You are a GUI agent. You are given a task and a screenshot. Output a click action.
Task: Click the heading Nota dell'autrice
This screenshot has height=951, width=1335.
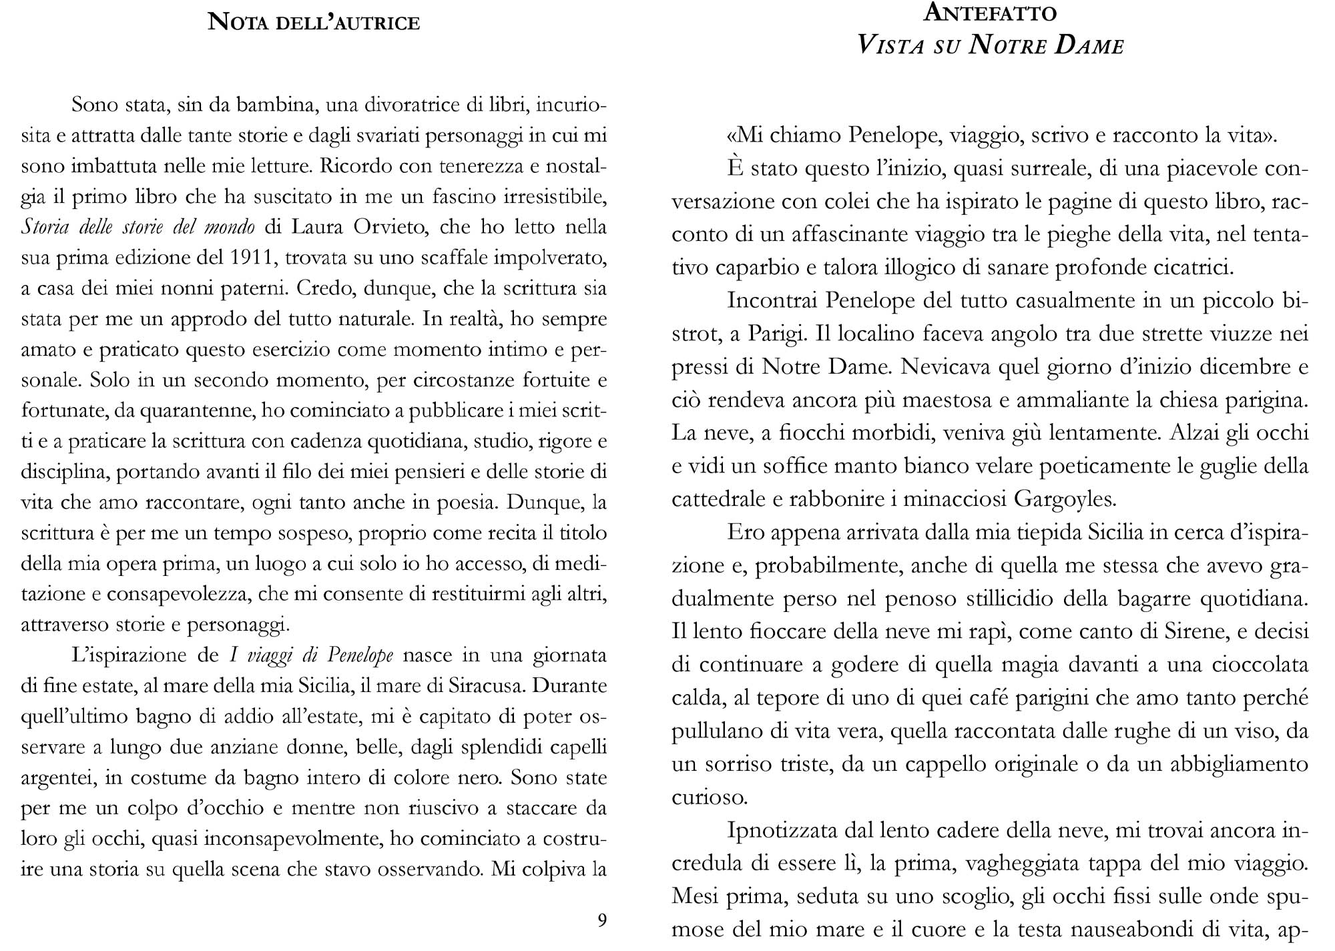tap(314, 23)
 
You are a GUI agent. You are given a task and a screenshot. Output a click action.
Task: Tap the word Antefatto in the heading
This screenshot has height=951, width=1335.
tap(990, 13)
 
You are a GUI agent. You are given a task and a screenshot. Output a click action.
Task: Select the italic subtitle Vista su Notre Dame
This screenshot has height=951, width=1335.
tap(990, 45)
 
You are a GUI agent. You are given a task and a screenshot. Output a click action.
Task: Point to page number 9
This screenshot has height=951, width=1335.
tap(601, 920)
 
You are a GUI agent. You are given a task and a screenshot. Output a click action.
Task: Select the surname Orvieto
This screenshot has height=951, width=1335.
tap(393, 228)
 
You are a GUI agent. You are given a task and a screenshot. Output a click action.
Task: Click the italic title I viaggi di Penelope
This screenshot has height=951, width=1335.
tap(311, 655)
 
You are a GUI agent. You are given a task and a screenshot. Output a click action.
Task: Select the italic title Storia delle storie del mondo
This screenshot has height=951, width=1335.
tap(138, 228)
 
